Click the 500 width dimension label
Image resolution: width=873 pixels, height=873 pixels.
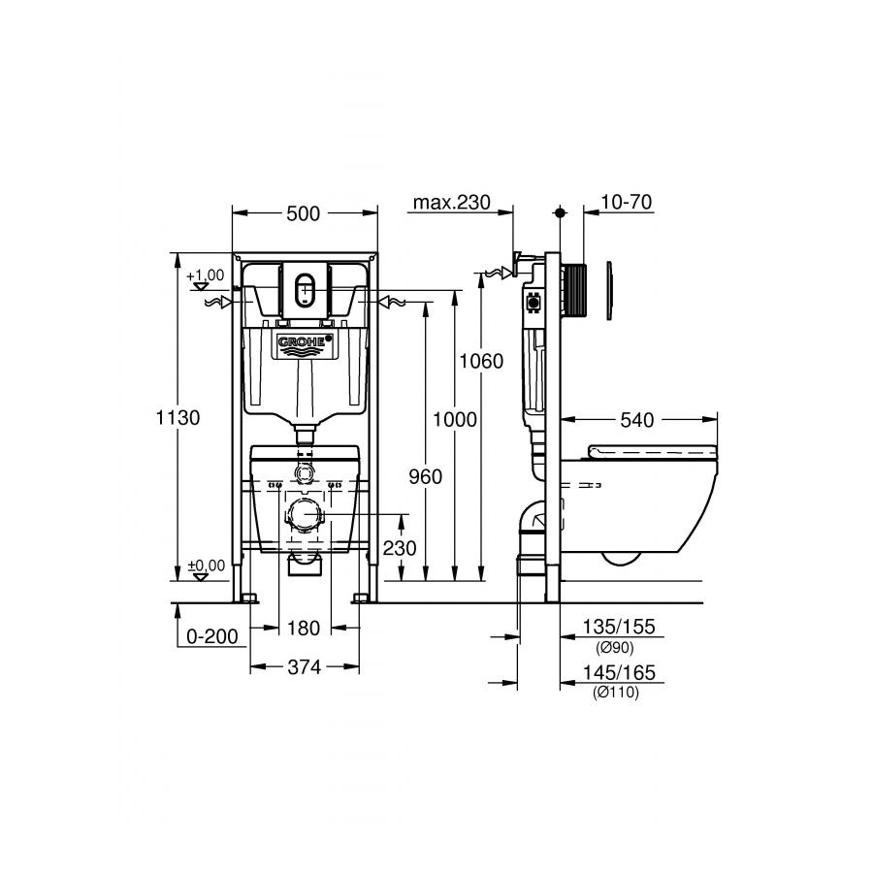[303, 213]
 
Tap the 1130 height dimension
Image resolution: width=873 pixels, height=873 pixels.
[178, 417]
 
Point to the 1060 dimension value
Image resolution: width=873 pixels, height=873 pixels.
[481, 361]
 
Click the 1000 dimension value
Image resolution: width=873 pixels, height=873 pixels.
[455, 419]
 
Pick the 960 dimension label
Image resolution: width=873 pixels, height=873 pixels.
[426, 476]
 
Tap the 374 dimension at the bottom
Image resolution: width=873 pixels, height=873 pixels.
[304, 666]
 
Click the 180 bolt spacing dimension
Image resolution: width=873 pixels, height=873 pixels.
[304, 628]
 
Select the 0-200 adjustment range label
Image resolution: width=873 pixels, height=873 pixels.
[212, 635]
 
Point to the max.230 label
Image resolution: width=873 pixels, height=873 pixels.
[451, 202]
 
